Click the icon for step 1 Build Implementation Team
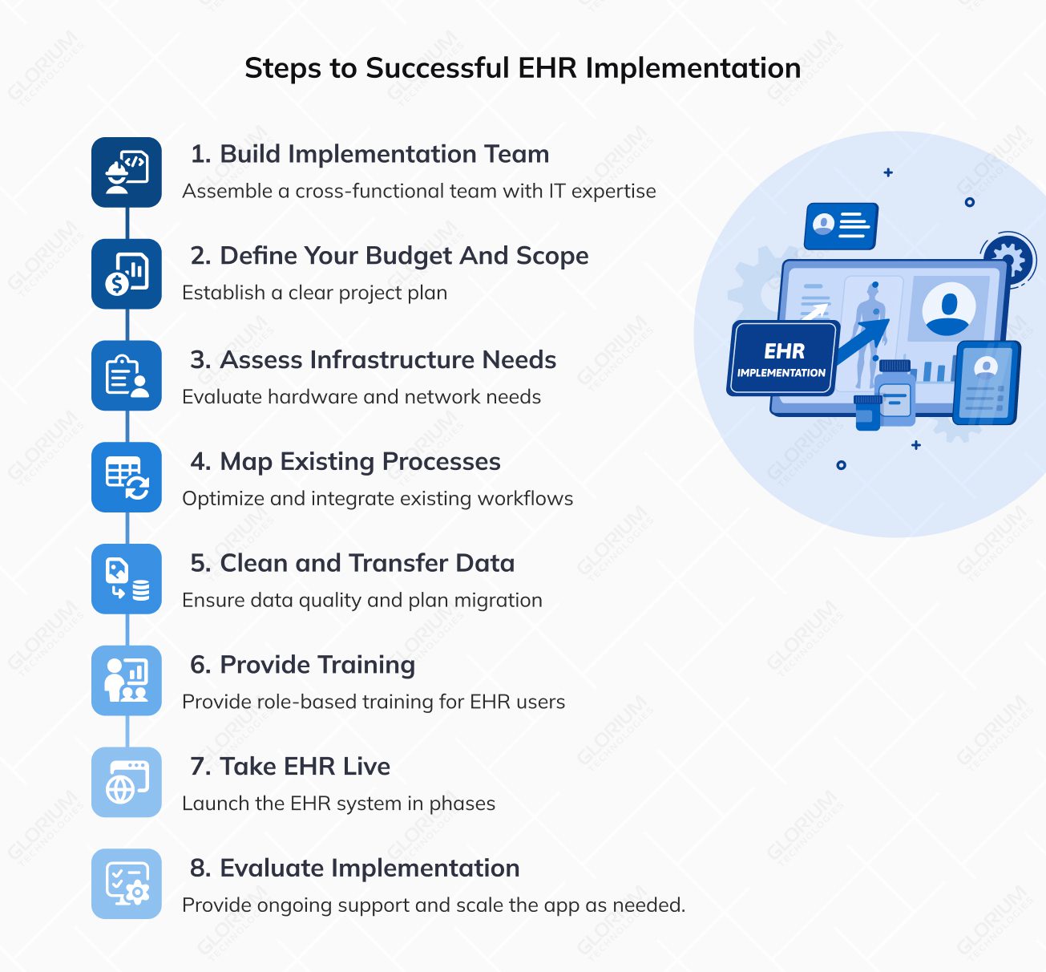click(127, 172)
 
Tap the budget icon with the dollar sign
click(127, 274)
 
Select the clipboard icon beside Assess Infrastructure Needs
click(127, 375)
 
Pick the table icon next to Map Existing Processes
click(127, 477)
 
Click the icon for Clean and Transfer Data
click(127, 579)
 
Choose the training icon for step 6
click(127, 681)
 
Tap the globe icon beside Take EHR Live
click(127, 782)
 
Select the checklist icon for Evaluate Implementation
click(127, 884)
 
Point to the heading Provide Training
click(302, 665)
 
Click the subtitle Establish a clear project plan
click(314, 293)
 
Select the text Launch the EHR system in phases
click(339, 804)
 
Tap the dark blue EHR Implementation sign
click(782, 359)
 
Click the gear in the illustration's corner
click(1008, 259)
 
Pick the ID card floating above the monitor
click(841, 225)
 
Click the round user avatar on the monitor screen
click(948, 309)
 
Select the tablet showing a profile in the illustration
click(987, 383)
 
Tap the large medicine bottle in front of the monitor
click(895, 393)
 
